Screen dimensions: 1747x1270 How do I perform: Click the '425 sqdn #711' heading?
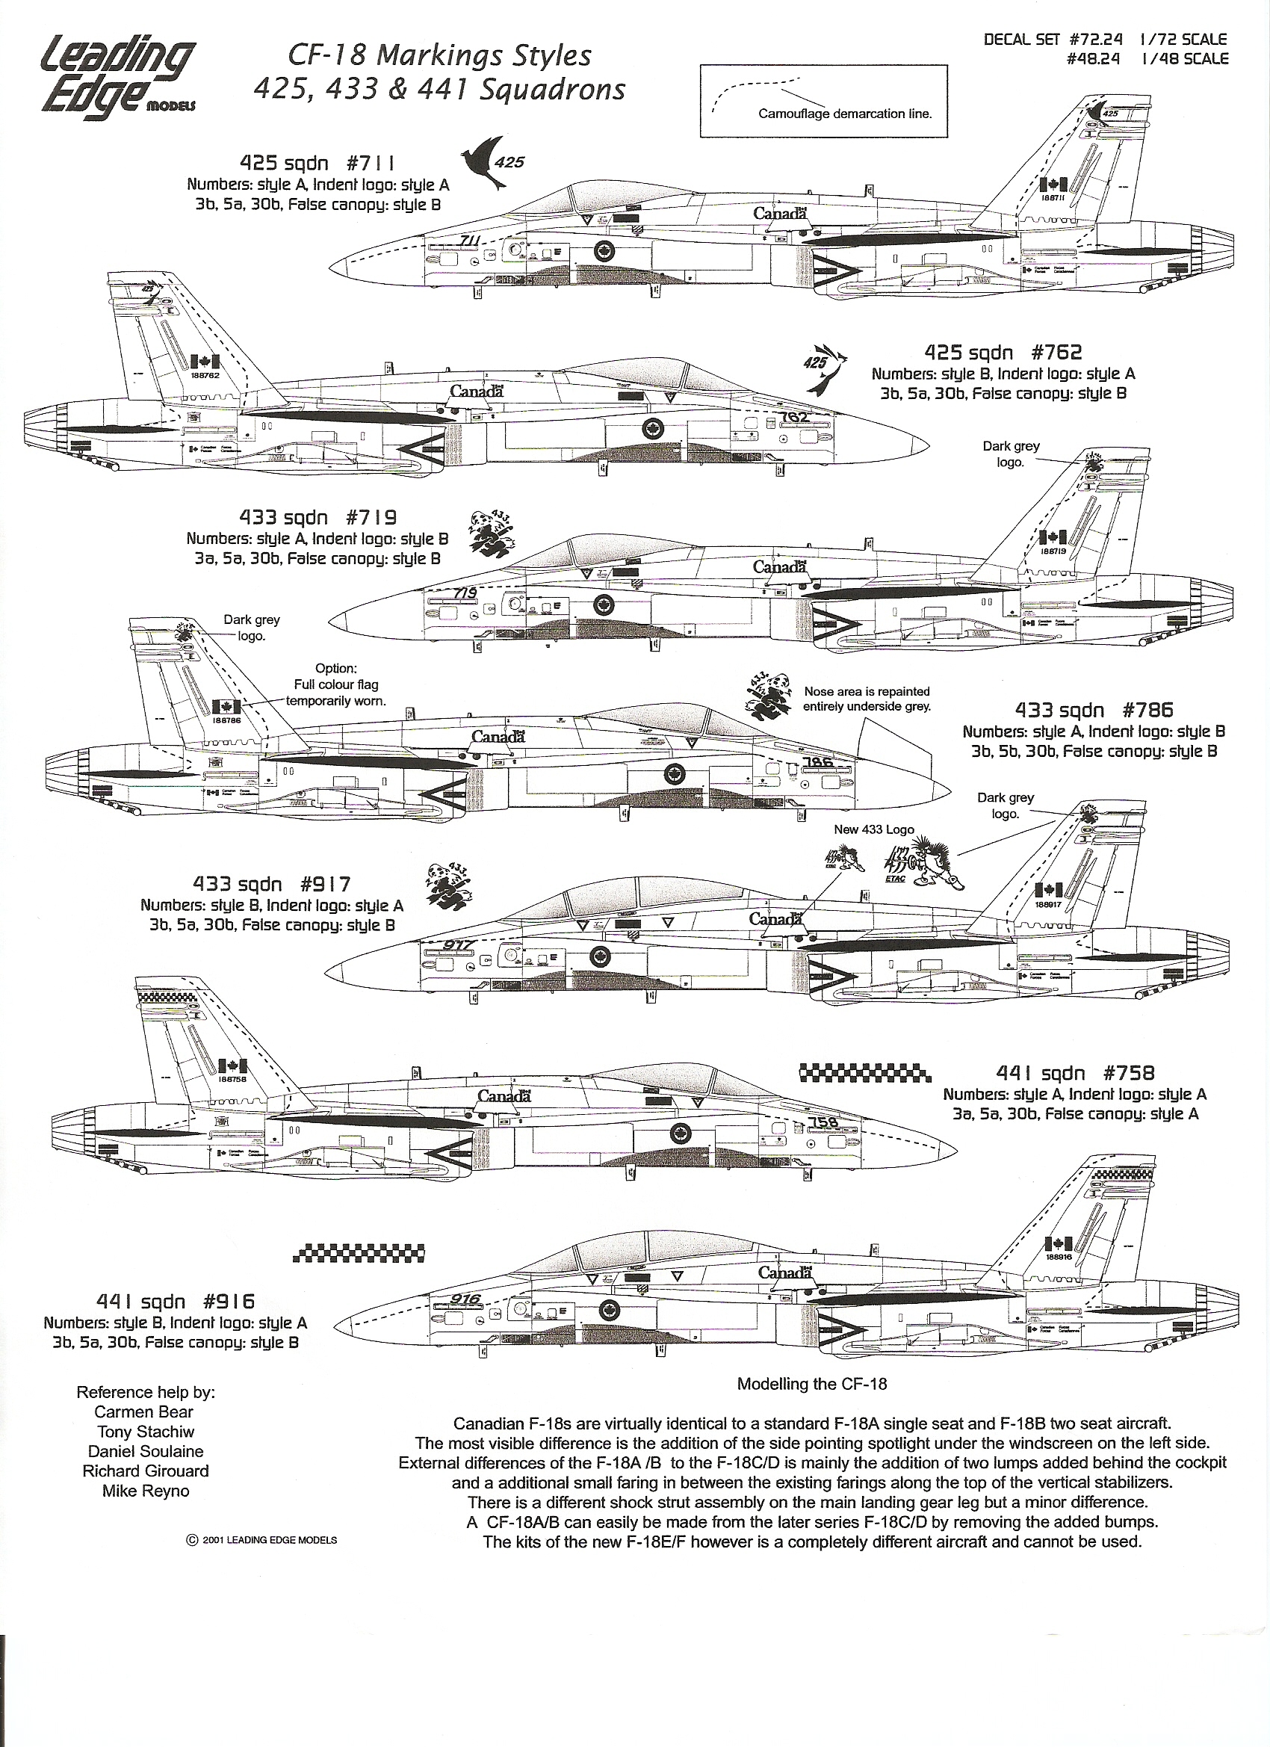pos(318,164)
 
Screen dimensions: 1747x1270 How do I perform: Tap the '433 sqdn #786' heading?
pos(1094,710)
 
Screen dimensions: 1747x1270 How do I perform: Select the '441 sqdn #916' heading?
pos(175,1301)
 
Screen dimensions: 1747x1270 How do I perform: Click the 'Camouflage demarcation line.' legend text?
pos(845,114)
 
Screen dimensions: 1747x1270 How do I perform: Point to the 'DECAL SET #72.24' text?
pos(1053,39)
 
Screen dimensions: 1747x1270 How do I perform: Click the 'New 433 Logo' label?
pos(874,829)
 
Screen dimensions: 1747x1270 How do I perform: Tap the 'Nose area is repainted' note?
pos(867,692)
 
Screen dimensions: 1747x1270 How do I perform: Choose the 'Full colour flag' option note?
pos(335,684)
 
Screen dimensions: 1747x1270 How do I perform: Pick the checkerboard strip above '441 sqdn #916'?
pos(359,1253)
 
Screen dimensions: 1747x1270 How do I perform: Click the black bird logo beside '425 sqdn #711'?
pos(483,163)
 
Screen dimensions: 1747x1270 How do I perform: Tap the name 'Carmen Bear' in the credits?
pos(144,1411)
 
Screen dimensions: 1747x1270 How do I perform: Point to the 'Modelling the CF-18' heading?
pos(812,1383)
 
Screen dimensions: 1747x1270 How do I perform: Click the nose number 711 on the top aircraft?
pos(469,241)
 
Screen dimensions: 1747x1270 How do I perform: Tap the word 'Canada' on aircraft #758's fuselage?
pos(504,1095)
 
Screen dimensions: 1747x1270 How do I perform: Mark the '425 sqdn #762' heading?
pos(1003,353)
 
